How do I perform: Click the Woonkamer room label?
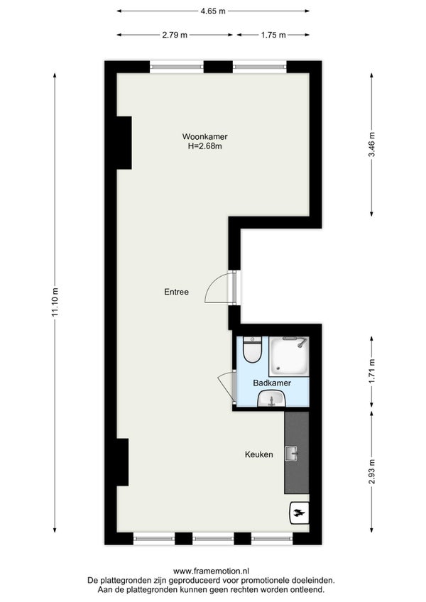[204, 136]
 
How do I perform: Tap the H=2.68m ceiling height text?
[204, 146]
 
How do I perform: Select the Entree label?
[176, 292]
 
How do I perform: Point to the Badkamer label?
[272, 383]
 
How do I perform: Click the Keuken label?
[259, 454]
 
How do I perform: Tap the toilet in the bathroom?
[253, 349]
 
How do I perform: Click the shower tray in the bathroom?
[289, 356]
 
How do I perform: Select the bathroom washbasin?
[271, 398]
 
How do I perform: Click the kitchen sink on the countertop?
[292, 454]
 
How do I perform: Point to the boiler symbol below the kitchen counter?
[299, 513]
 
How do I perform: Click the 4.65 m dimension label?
[213, 11]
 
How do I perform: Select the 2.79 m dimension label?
[175, 35]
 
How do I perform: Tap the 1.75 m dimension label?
[273, 35]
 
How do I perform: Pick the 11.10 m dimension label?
[55, 302]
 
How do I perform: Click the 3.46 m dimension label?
[371, 144]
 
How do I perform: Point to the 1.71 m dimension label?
[371, 371]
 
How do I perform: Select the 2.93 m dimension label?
[371, 472]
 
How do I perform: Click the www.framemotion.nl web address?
[212, 571]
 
